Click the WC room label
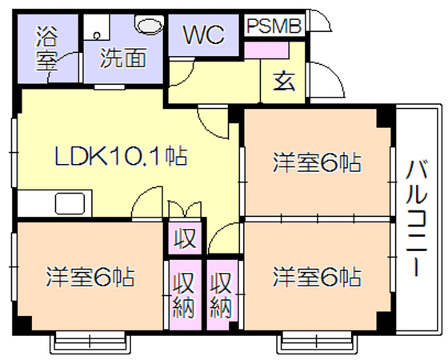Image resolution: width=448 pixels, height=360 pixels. click(x=203, y=35)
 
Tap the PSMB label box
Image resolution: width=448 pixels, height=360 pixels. click(x=274, y=26)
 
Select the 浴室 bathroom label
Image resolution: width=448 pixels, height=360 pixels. click(x=46, y=49)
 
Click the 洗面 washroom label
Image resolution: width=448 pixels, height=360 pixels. click(x=123, y=58)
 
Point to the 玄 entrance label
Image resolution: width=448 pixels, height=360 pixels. click(x=283, y=82)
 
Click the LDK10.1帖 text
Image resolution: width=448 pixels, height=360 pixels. click(x=121, y=156)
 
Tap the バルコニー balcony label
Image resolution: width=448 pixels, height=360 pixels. click(x=417, y=218)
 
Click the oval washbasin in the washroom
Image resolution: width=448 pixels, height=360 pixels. click(x=150, y=25)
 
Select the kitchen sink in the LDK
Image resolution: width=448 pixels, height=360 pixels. click(x=70, y=203)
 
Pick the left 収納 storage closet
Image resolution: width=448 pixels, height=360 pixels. click(x=185, y=295)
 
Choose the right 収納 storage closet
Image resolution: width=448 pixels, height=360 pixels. click(x=222, y=295)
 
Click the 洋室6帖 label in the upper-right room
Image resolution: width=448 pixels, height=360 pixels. click(x=317, y=163)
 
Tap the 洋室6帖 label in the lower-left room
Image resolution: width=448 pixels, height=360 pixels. click(x=90, y=277)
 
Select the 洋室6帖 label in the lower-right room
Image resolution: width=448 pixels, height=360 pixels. click(x=317, y=277)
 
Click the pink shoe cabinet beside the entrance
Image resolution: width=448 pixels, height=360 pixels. click(x=266, y=50)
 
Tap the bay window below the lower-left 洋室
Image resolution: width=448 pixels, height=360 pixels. click(x=90, y=342)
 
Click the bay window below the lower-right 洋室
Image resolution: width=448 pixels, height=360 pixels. click(x=317, y=342)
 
